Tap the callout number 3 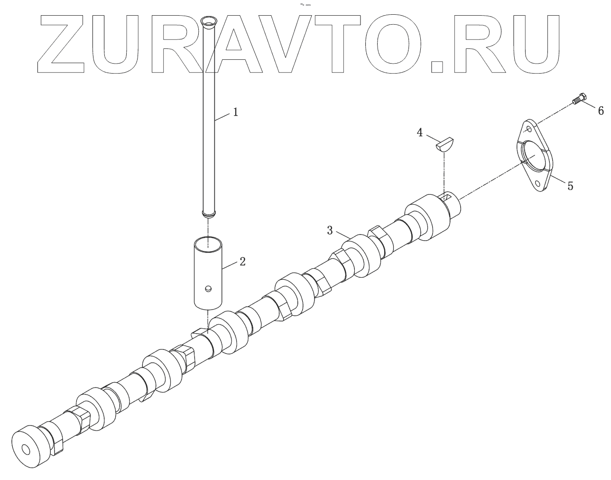330,231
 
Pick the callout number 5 570,186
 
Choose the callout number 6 600,111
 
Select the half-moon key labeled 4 444,143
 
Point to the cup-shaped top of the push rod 207,21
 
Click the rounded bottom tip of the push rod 208,215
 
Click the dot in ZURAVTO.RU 437,67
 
